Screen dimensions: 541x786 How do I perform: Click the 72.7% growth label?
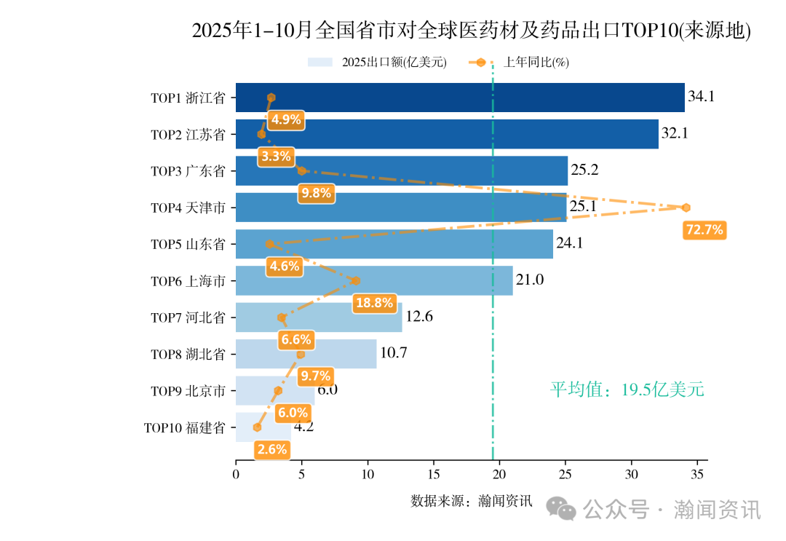pos(704,230)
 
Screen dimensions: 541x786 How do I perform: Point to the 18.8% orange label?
pos(373,303)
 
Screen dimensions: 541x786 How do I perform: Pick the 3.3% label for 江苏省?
pos(276,156)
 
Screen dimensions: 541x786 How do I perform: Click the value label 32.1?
pos(675,134)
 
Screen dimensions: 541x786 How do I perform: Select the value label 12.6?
pos(419,317)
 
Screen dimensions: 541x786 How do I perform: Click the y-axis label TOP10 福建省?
pos(184,428)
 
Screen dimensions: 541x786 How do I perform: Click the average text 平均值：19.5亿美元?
pos(627,390)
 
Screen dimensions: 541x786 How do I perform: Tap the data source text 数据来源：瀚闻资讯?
pos(471,502)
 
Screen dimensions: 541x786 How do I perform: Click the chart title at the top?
pos(471,31)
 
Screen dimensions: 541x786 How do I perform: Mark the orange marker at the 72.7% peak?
pos(686,208)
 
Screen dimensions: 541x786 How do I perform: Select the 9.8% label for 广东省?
pos(316,193)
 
